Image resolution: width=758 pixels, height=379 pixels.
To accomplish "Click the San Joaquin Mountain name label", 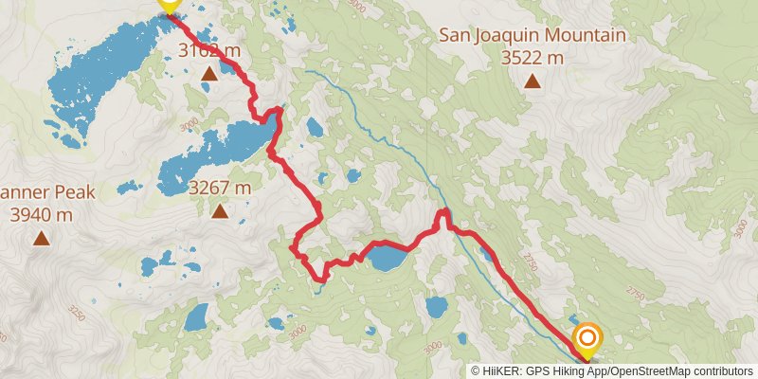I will [x=532, y=36].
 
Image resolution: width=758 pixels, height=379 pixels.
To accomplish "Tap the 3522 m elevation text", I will [x=532, y=58].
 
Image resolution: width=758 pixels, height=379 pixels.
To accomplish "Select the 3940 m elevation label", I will [x=42, y=214].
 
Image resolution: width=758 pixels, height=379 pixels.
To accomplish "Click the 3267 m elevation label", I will [x=220, y=188].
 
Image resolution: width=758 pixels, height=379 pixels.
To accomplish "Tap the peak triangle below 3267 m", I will [x=220, y=210].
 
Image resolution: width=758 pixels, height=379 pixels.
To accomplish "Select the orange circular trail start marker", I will [x=587, y=338].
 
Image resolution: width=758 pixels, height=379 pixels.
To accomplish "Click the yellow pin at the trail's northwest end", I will [x=170, y=6].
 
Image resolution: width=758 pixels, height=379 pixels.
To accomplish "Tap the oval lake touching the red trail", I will [x=388, y=258].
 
